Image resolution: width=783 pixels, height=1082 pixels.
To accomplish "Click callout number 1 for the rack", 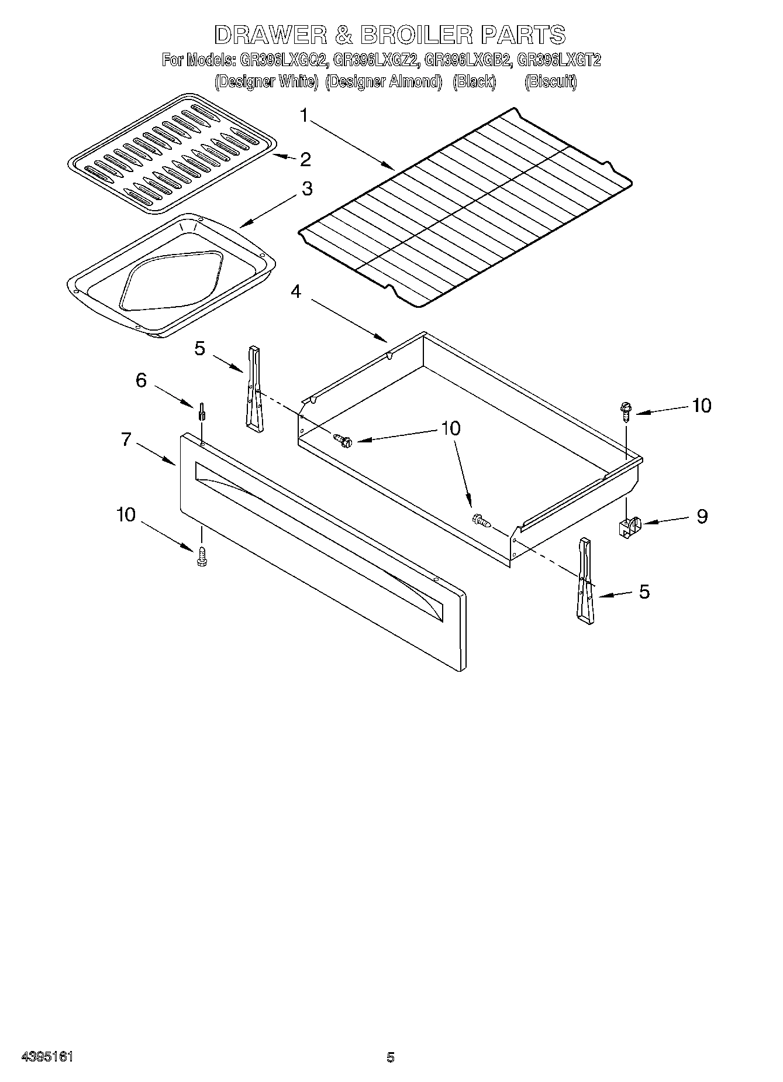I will [x=304, y=115].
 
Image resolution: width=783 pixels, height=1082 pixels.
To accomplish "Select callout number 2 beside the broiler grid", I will [x=305, y=159].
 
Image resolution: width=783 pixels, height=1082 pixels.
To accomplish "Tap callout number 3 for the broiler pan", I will [x=306, y=189].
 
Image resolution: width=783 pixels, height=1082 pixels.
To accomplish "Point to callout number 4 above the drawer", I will [x=296, y=291].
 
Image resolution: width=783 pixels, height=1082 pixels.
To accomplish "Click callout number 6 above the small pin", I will [x=141, y=380].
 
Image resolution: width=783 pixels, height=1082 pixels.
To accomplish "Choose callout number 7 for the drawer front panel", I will [x=126, y=439].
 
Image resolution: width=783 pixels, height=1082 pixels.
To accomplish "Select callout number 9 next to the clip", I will [x=701, y=516].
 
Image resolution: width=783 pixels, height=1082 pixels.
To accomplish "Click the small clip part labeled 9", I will [x=627, y=525].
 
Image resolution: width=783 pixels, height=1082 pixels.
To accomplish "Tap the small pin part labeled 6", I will [x=202, y=411].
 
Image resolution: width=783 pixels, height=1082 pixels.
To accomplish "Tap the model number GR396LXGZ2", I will [x=375, y=60].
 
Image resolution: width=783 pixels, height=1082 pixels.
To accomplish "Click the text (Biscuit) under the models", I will [x=550, y=82].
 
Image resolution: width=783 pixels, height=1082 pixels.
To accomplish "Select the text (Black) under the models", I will [x=474, y=82].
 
